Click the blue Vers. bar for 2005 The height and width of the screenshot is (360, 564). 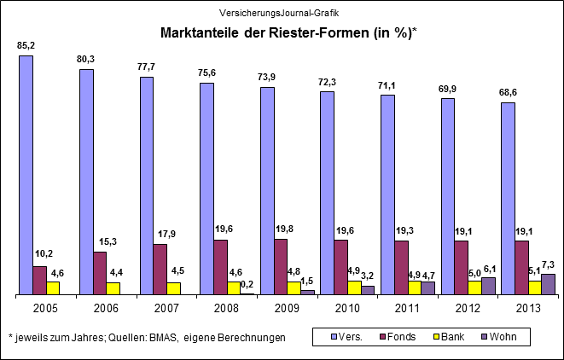(x=26, y=175)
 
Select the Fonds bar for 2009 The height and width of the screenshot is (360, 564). (x=280, y=267)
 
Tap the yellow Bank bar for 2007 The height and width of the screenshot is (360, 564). (x=173, y=288)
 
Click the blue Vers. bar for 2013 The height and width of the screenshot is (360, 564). (x=508, y=199)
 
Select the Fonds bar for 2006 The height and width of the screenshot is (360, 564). (x=100, y=273)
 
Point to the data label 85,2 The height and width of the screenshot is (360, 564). (x=26, y=44)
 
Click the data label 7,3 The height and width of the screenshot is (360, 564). (x=548, y=264)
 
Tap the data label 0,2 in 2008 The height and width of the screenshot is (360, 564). (x=247, y=284)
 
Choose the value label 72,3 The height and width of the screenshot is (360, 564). (x=327, y=81)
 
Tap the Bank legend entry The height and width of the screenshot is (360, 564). (x=449, y=337)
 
